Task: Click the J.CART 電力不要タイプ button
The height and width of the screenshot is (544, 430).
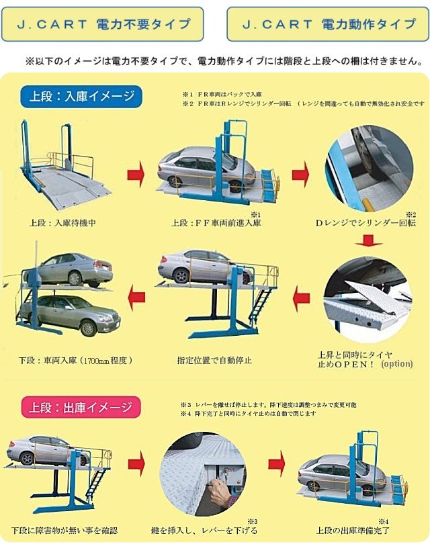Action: tap(103, 24)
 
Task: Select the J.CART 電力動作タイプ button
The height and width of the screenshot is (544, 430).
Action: tap(328, 24)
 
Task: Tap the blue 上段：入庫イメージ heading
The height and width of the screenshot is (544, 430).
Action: tap(82, 96)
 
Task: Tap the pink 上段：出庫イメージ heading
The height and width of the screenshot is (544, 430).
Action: tap(81, 406)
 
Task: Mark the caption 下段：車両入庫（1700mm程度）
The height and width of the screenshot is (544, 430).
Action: tap(75, 360)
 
